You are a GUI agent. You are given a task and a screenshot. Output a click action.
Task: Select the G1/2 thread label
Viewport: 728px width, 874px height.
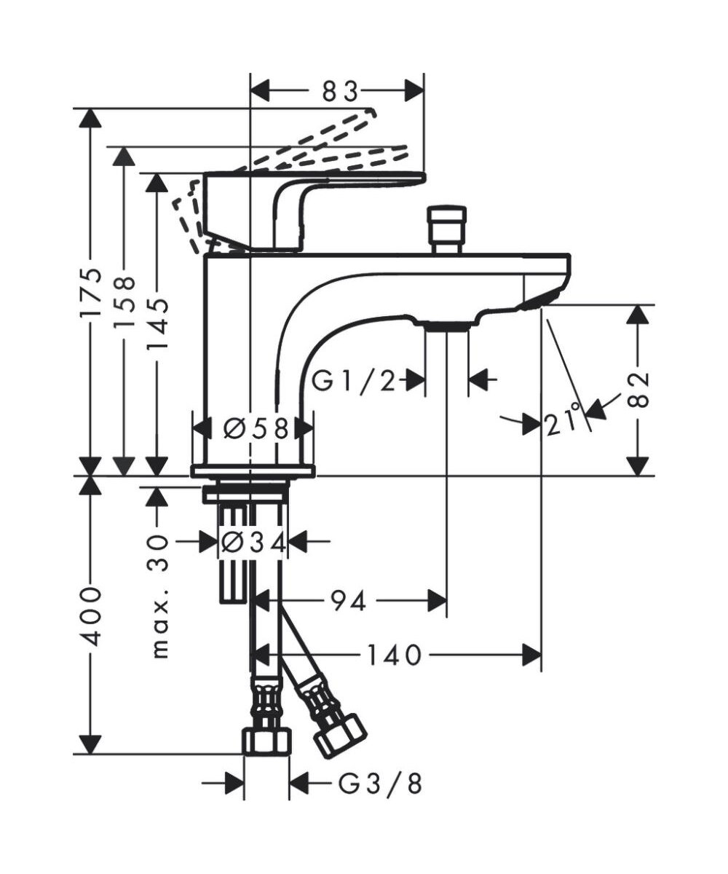tap(355, 379)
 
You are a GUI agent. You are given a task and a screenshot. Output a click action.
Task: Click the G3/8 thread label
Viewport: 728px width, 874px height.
tap(380, 784)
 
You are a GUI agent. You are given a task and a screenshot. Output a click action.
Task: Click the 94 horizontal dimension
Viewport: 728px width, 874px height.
tap(349, 602)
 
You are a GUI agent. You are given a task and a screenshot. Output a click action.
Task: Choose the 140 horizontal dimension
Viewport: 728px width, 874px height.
tap(393, 655)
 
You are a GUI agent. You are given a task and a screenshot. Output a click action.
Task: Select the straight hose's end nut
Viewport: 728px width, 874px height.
tap(266, 741)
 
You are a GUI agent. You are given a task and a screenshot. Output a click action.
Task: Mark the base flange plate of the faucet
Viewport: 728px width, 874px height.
tap(253, 471)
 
